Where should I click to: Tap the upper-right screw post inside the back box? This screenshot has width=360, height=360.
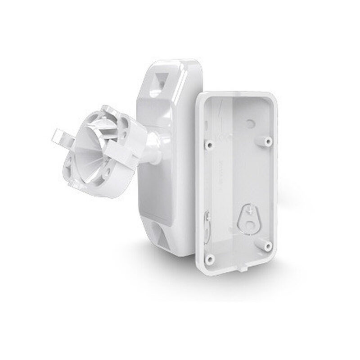tap(268, 141)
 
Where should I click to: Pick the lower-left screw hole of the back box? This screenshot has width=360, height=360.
tap(210, 260)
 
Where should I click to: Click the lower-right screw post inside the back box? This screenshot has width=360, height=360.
tap(268, 246)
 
